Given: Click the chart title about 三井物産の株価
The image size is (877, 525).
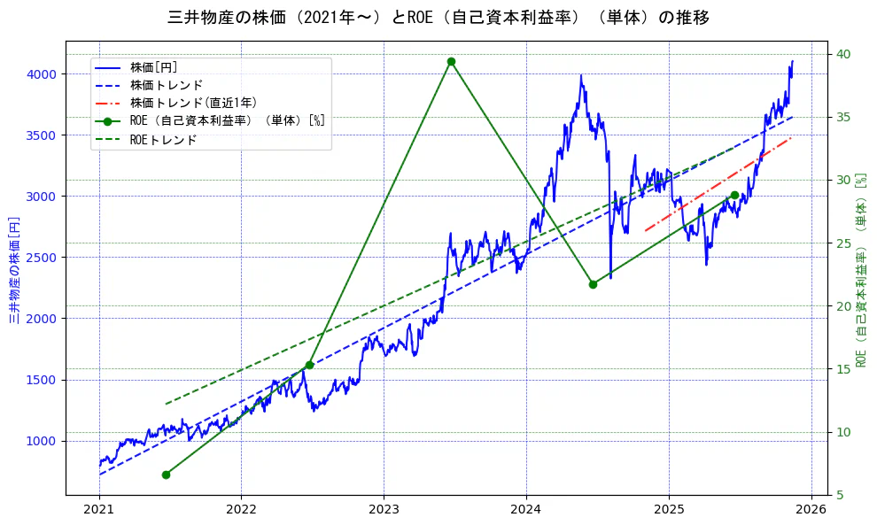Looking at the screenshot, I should tap(438, 18).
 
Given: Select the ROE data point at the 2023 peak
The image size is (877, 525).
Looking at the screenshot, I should tap(451, 61).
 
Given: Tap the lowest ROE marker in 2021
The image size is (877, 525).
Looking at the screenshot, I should tap(166, 475).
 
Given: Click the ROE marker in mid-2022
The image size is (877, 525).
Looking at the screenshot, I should tap(309, 365).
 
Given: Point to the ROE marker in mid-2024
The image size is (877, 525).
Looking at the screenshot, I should tap(593, 284).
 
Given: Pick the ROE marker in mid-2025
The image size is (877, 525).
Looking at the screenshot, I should tap(734, 195).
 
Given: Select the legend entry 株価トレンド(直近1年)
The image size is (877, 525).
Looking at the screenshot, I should tap(193, 103).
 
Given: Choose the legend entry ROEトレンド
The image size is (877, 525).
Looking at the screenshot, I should tap(163, 140).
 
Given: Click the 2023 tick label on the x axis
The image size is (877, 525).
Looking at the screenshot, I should tap(384, 510).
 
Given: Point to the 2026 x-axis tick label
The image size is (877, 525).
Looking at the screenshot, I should tap(811, 510).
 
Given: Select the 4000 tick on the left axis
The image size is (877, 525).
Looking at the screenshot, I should tap(43, 74).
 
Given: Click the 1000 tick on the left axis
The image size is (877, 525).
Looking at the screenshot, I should tap(43, 441).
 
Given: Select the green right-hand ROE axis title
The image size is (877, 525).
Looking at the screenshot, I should tap(860, 269).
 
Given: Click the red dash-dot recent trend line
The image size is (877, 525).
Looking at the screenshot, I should tap(718, 184).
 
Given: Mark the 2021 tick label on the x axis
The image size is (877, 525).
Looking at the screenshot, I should tap(99, 510).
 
